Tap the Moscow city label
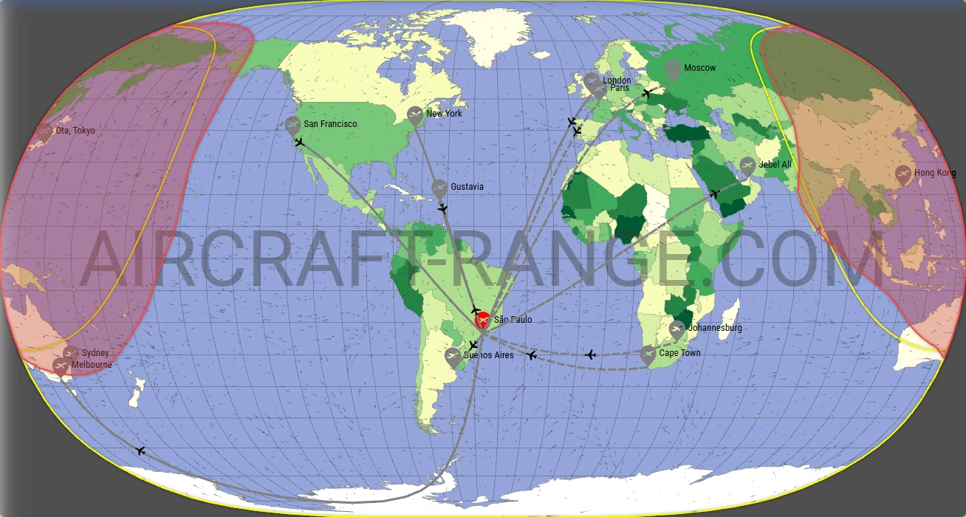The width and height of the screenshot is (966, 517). (699, 68)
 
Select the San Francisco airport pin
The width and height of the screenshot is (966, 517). (293, 125)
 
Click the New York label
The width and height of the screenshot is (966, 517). (444, 114)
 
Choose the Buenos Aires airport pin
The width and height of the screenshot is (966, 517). (453, 357)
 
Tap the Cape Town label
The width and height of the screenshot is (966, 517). (679, 353)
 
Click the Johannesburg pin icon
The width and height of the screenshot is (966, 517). (676, 329)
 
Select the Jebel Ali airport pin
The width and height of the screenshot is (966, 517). (747, 165)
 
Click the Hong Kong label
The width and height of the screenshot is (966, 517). (934, 173)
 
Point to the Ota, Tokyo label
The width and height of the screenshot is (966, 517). (75, 131)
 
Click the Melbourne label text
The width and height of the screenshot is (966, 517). (92, 364)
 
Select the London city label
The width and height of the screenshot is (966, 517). (617, 81)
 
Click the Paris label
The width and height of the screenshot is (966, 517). (620, 88)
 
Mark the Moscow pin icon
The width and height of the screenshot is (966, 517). (672, 69)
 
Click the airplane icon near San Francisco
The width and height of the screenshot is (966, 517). (299, 142)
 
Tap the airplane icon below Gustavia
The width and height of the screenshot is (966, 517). (442, 209)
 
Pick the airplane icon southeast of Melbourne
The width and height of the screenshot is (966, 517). (140, 451)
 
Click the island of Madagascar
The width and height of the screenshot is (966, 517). (732, 311)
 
